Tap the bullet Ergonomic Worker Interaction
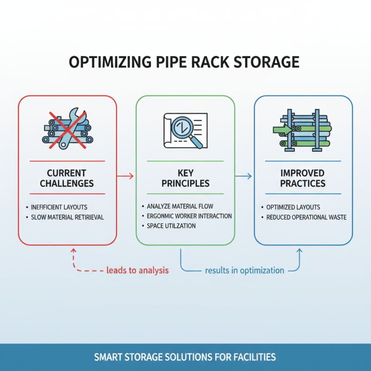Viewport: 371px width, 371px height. point(189,216)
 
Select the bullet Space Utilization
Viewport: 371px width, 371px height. point(171,226)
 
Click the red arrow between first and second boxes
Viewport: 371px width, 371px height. point(125,176)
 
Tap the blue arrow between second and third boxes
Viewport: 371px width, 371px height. point(243,176)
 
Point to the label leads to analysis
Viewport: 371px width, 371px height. point(137,270)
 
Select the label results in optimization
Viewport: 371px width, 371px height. point(244,270)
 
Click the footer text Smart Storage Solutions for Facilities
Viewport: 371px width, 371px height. point(185,358)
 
